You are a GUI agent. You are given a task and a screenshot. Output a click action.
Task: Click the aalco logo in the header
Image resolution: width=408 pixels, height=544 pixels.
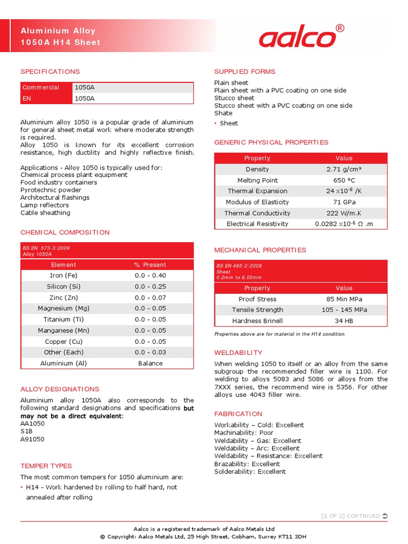[x=297, y=38]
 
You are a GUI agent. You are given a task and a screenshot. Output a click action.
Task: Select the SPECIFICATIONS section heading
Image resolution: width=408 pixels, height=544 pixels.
[x=50, y=72]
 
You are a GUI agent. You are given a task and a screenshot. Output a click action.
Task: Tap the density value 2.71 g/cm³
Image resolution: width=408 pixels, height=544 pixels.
[x=344, y=169]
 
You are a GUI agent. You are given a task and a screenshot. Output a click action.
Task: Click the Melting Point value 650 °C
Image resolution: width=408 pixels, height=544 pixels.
[x=344, y=181]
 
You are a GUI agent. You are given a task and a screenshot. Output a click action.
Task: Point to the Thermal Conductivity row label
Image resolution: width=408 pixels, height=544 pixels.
[x=257, y=213]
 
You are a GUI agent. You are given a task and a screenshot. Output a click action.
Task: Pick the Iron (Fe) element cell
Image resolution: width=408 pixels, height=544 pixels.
[x=63, y=276]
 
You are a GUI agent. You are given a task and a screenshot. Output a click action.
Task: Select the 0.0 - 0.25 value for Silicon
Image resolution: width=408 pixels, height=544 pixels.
[x=150, y=287]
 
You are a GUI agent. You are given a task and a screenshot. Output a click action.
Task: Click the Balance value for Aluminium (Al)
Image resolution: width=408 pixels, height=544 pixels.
[x=150, y=363]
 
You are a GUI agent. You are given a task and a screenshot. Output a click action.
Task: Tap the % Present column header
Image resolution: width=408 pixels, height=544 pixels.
[x=150, y=265]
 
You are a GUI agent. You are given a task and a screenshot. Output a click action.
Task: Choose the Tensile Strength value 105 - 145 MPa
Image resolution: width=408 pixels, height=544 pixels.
[x=344, y=310]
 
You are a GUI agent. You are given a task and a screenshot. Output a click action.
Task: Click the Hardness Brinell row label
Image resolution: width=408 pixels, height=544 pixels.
[x=257, y=321]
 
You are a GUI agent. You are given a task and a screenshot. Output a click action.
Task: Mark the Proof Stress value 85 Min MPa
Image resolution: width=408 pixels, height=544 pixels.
[x=344, y=299]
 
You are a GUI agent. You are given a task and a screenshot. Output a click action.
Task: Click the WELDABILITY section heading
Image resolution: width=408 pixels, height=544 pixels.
[x=238, y=353]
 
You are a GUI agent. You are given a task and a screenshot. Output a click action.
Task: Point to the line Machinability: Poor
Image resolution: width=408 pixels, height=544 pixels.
[x=244, y=433]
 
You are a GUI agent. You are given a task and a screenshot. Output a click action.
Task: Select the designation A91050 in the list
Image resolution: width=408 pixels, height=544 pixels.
[x=32, y=439]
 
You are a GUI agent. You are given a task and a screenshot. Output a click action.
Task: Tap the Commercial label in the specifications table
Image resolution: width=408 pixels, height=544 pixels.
[x=41, y=88]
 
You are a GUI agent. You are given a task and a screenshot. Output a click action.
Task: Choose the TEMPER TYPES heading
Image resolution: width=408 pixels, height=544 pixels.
[x=46, y=466]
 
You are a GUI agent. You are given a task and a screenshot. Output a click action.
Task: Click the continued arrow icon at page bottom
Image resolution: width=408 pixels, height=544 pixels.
[x=385, y=516]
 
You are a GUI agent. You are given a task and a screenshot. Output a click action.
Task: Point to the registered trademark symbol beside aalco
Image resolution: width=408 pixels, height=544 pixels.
[x=341, y=28]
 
